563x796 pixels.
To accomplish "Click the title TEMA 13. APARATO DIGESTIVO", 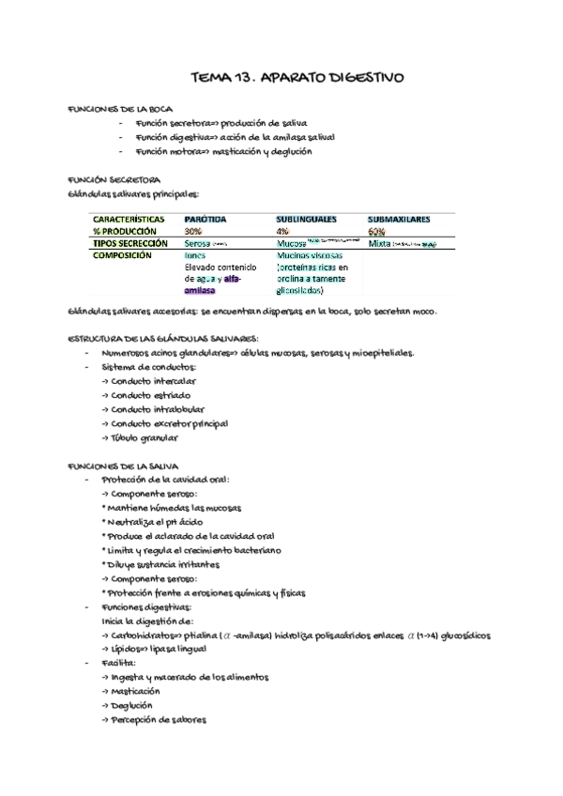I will [x=297, y=78].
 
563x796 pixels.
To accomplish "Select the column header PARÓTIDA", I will [x=205, y=219].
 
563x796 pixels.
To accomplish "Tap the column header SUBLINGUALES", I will [x=306, y=219].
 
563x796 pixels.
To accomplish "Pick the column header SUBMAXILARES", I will [x=399, y=219].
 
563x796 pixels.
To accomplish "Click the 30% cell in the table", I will [x=193, y=231].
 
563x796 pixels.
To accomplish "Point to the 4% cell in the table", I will [x=282, y=231].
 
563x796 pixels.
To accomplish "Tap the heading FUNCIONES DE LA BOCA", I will [x=119, y=109].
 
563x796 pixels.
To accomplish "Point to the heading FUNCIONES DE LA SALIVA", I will [x=124, y=466].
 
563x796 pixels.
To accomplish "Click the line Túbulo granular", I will [x=142, y=437].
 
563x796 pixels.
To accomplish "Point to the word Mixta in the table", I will [x=380, y=243].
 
